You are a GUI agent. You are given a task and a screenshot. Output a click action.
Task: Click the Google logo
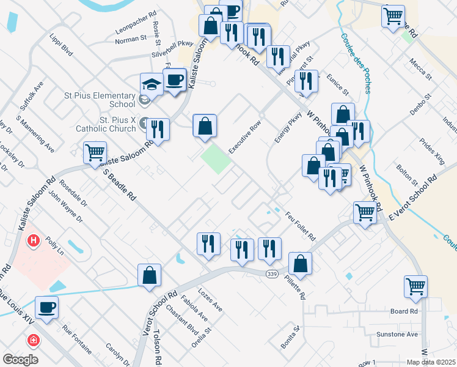click(20, 360)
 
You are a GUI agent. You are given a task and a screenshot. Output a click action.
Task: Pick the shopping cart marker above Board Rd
click(415, 286)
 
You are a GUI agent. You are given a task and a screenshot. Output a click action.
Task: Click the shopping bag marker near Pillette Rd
click(300, 264)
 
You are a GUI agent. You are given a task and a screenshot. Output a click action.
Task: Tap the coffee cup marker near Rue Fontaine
click(46, 307)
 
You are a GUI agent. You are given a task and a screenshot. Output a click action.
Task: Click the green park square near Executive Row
click(216, 158)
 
